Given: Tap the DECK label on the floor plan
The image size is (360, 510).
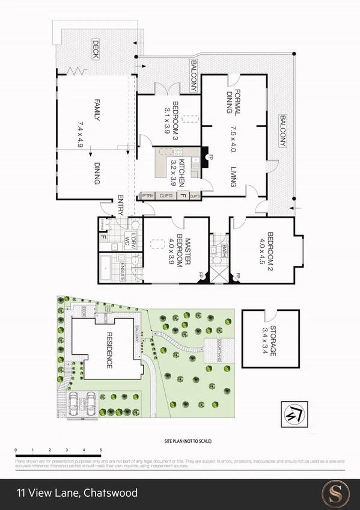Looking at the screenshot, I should [x=96, y=49].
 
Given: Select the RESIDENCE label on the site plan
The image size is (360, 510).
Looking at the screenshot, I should [x=110, y=350].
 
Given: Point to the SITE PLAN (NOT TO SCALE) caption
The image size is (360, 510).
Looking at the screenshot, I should [x=188, y=441].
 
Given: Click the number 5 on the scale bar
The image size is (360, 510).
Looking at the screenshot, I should [x=101, y=450].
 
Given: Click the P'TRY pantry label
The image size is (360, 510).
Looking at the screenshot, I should [x=147, y=196].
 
